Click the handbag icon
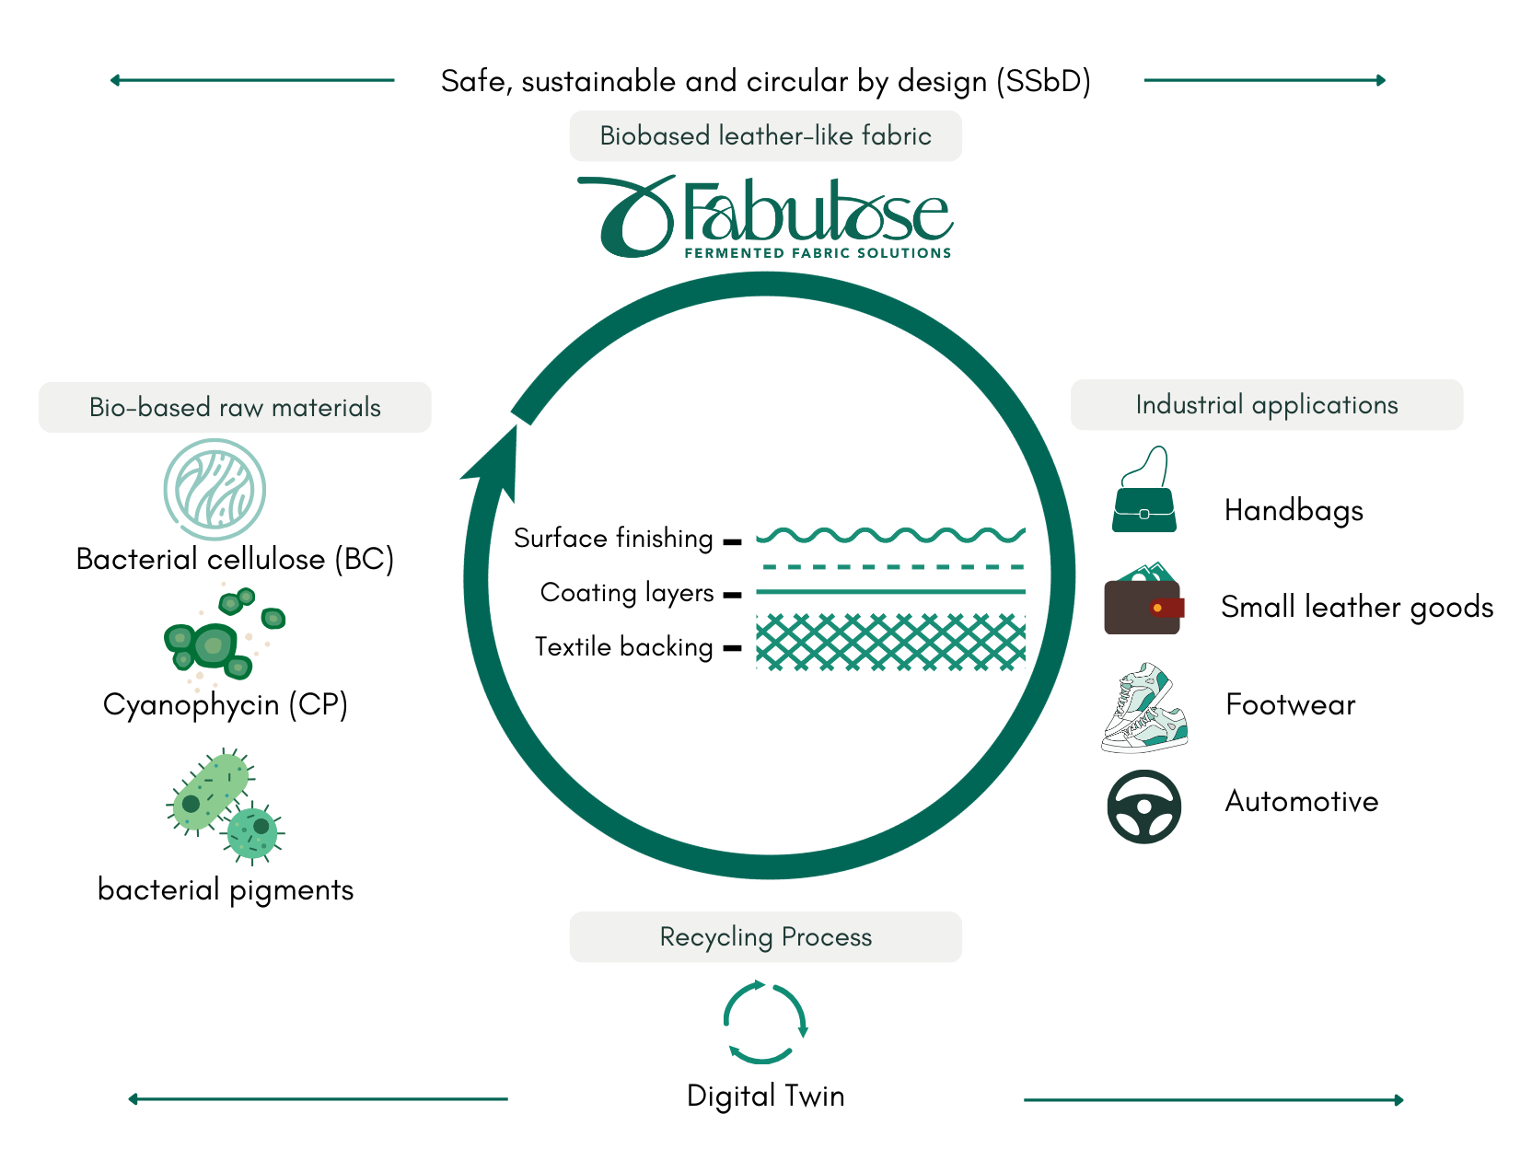[x=1143, y=492]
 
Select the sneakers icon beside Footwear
[x=1144, y=708]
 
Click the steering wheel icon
[x=1143, y=807]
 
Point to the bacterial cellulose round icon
[x=215, y=489]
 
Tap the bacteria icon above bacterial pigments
[x=225, y=806]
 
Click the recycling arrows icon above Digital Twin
[x=765, y=1022]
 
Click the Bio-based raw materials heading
[x=235, y=407]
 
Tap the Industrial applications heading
[x=1267, y=405]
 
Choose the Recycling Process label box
[x=766, y=937]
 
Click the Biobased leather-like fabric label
[x=766, y=136]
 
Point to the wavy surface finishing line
[x=890, y=535]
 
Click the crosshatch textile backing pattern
[x=890, y=641]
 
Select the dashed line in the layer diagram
[x=890, y=567]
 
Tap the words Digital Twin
[x=766, y=1096]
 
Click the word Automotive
[x=1301, y=801]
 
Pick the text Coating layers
[x=627, y=593]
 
